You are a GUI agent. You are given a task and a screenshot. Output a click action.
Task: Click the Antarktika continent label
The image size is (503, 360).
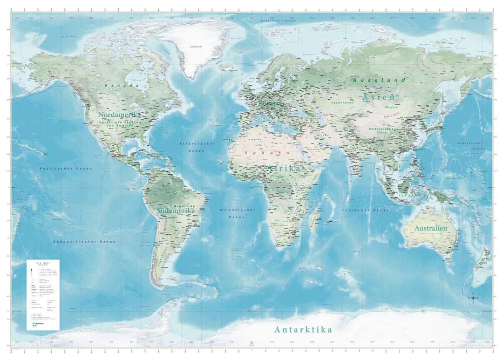point(303,330)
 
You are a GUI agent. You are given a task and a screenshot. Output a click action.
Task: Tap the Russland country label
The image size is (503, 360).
point(379,80)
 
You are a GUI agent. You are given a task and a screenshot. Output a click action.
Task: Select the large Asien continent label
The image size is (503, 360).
point(379,97)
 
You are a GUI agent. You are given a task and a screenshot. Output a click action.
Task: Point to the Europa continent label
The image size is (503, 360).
point(270,103)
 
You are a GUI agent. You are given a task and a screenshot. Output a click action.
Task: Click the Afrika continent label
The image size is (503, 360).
point(284,169)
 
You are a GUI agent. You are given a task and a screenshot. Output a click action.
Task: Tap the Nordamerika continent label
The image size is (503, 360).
point(120,114)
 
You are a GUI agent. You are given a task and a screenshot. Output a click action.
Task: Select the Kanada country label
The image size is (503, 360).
point(122,86)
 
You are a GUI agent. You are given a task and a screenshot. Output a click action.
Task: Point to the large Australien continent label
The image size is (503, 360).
point(431,228)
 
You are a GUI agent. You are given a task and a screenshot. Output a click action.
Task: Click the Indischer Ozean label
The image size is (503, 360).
point(366,211)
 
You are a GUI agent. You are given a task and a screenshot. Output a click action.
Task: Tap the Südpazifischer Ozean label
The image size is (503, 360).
point(84,242)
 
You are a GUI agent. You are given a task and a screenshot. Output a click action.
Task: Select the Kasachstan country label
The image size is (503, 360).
point(341,102)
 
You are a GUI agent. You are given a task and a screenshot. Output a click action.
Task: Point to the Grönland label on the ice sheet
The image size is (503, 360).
point(193,47)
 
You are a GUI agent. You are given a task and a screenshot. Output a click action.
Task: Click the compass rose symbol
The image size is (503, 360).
point(473,298)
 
